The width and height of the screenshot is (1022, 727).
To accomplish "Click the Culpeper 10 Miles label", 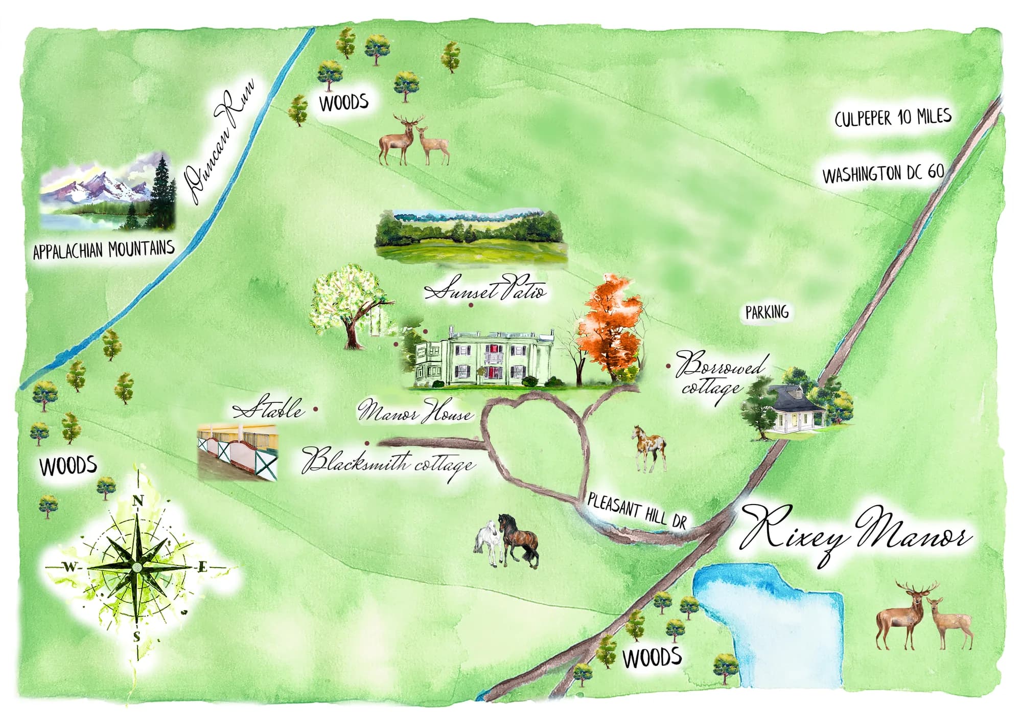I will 893,118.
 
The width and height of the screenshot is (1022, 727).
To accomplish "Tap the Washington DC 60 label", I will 882,174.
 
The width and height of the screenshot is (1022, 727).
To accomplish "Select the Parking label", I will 766,312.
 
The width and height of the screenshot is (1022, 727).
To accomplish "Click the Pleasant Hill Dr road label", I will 636,510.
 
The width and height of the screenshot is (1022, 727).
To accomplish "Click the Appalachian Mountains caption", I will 104,250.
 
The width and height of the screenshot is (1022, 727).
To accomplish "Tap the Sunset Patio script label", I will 485,290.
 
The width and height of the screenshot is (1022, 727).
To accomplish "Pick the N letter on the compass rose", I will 137,501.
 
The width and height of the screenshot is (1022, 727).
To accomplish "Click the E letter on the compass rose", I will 202,567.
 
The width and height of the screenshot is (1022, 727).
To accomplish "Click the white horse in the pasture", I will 487,542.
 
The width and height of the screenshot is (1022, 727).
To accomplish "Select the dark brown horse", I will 519,539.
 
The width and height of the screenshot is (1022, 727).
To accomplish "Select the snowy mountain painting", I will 107,192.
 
